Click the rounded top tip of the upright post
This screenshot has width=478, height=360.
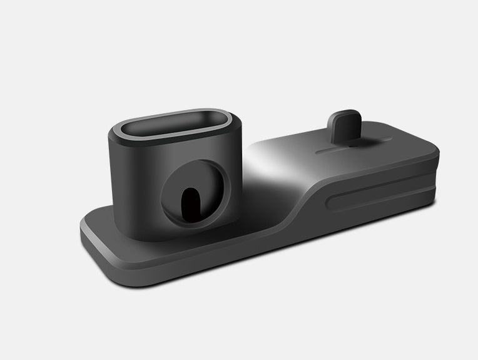click(345, 115)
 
